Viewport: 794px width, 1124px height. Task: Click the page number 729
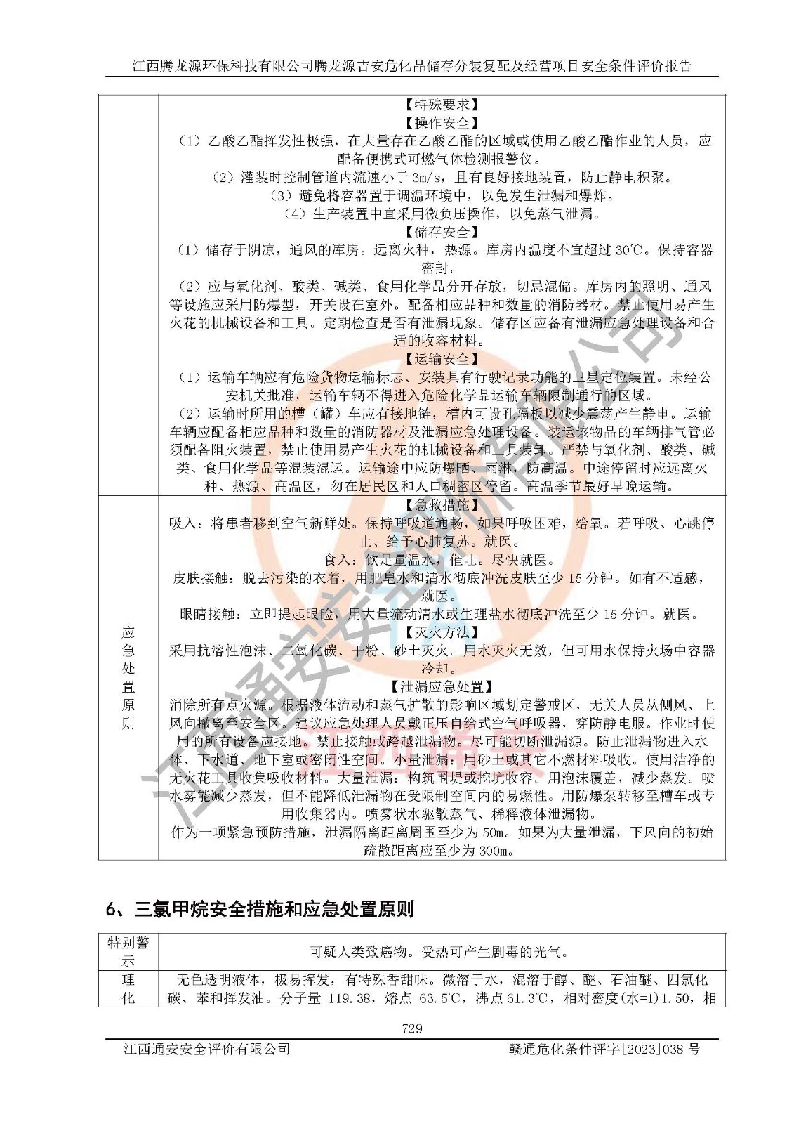coord(412,1028)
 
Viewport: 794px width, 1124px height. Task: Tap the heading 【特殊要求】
coord(442,105)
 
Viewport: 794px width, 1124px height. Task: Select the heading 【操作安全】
coord(442,123)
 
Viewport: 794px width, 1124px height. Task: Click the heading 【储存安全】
coord(442,232)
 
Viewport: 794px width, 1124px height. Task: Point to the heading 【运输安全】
coord(442,359)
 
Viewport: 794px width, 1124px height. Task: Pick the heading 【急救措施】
coord(442,505)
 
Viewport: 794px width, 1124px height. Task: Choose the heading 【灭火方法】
coord(442,632)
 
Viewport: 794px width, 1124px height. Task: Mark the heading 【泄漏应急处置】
coord(442,686)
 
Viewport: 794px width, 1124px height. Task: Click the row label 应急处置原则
coord(128,677)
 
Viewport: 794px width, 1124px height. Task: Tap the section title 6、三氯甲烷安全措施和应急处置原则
coord(260,909)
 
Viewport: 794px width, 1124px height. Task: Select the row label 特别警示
coord(128,952)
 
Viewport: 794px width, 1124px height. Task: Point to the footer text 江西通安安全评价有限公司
coord(206,1049)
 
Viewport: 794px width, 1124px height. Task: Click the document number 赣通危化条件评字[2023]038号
coord(604,1049)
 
